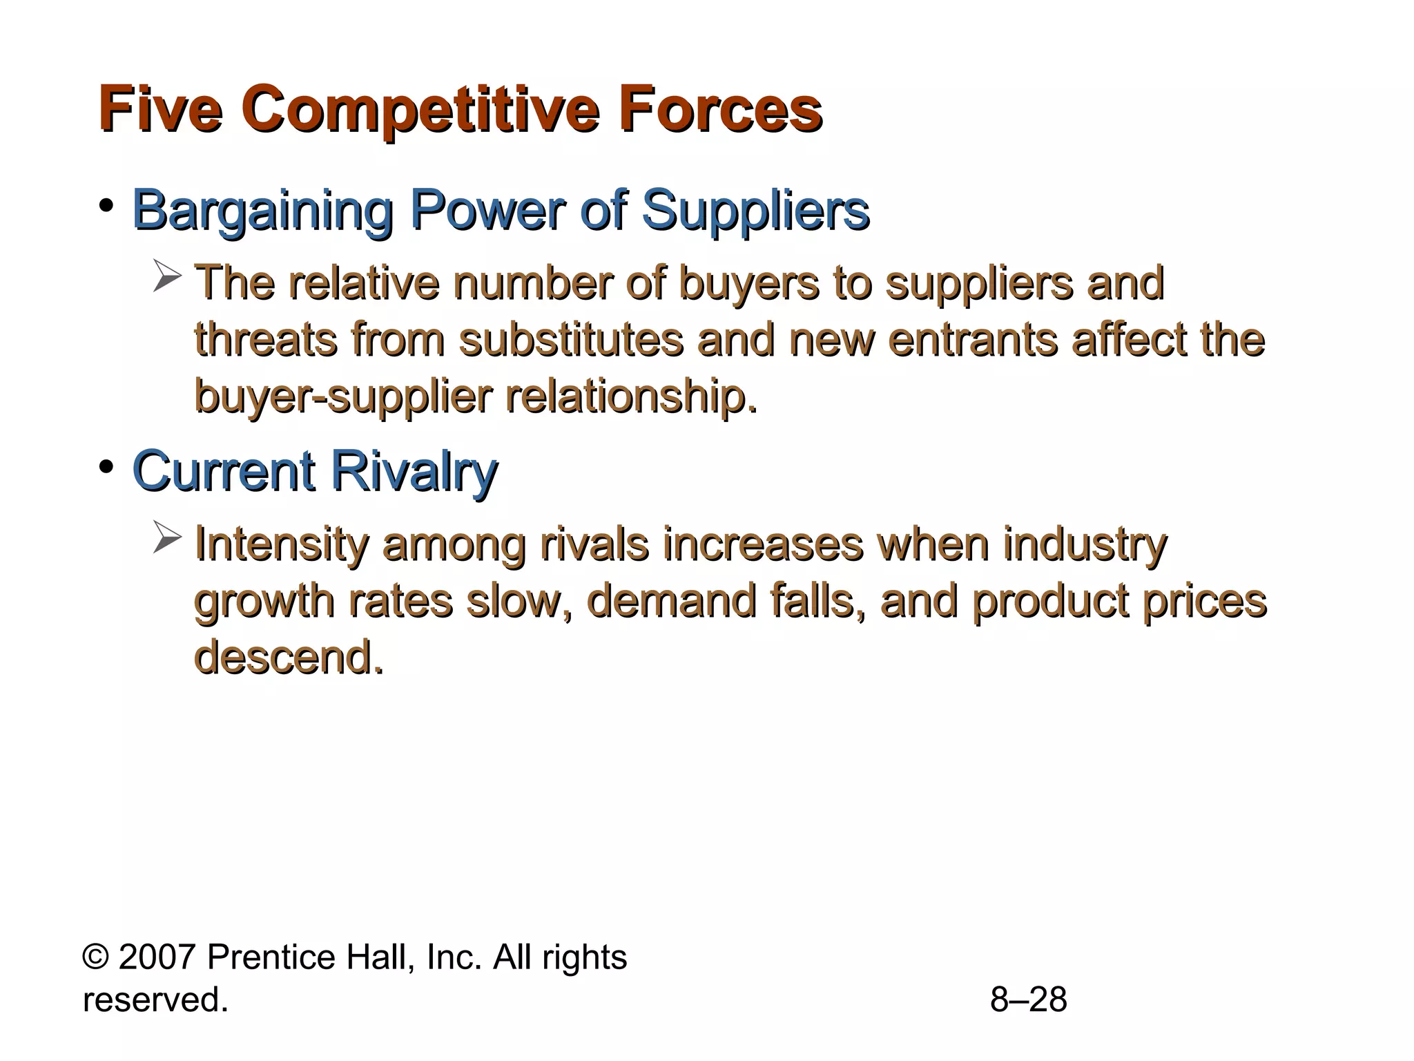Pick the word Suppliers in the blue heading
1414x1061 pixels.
pos(755,211)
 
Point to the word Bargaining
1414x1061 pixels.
pos(262,211)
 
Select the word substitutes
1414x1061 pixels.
pos(571,340)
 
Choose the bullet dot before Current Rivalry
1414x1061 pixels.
pos(106,468)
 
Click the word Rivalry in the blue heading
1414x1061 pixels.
pos(414,472)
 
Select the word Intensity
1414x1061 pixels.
pos(282,544)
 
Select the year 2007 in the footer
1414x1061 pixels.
pos(157,958)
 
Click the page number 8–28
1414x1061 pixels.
pos(1028,1000)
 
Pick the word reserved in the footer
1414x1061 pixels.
pos(155,1000)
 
